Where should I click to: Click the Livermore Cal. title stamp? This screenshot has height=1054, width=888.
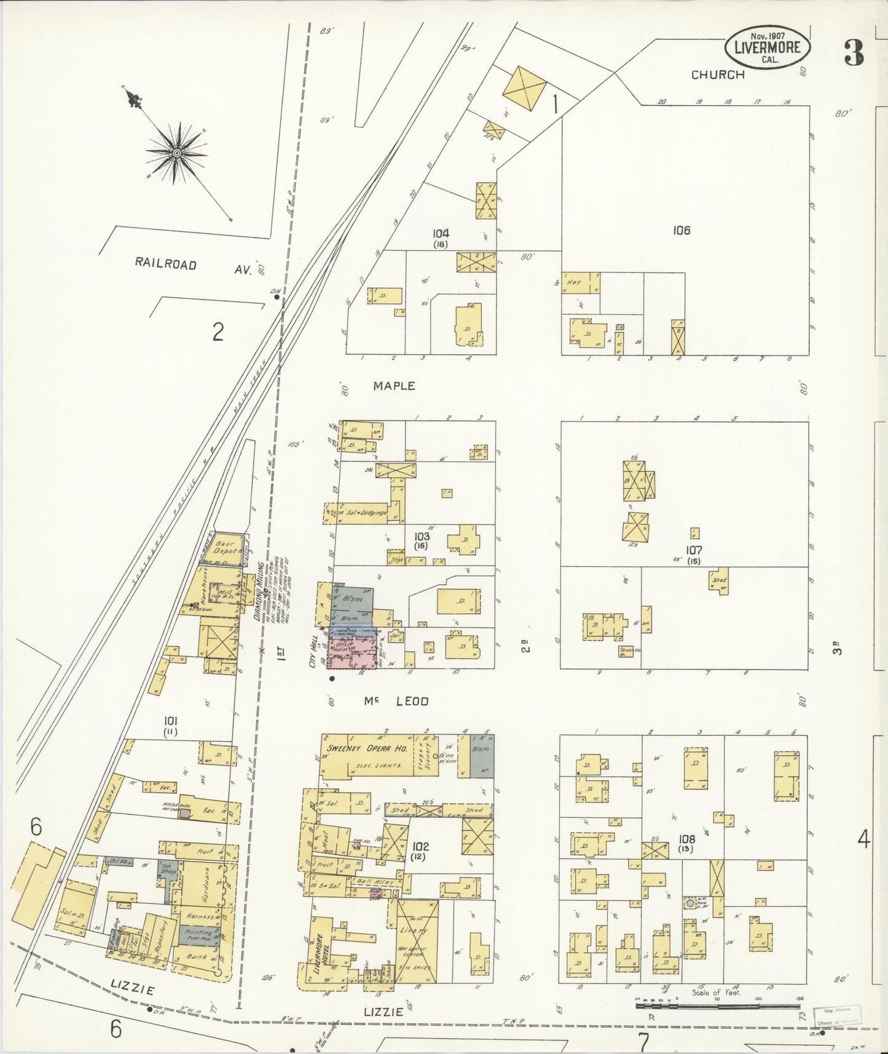(x=768, y=47)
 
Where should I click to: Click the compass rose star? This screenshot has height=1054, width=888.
(x=176, y=152)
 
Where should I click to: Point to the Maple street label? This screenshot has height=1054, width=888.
(x=394, y=386)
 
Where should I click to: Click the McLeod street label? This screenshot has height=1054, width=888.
(x=404, y=701)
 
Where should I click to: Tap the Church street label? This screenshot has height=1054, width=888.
(x=717, y=75)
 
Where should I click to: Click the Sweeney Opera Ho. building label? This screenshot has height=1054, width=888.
(x=365, y=748)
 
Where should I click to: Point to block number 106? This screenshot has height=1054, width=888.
(x=681, y=231)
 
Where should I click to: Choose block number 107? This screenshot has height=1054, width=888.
(x=694, y=550)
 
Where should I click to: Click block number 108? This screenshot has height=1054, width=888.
(x=686, y=839)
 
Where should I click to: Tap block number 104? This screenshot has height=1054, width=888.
(x=440, y=234)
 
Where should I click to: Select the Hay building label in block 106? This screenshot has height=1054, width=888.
(x=573, y=282)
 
